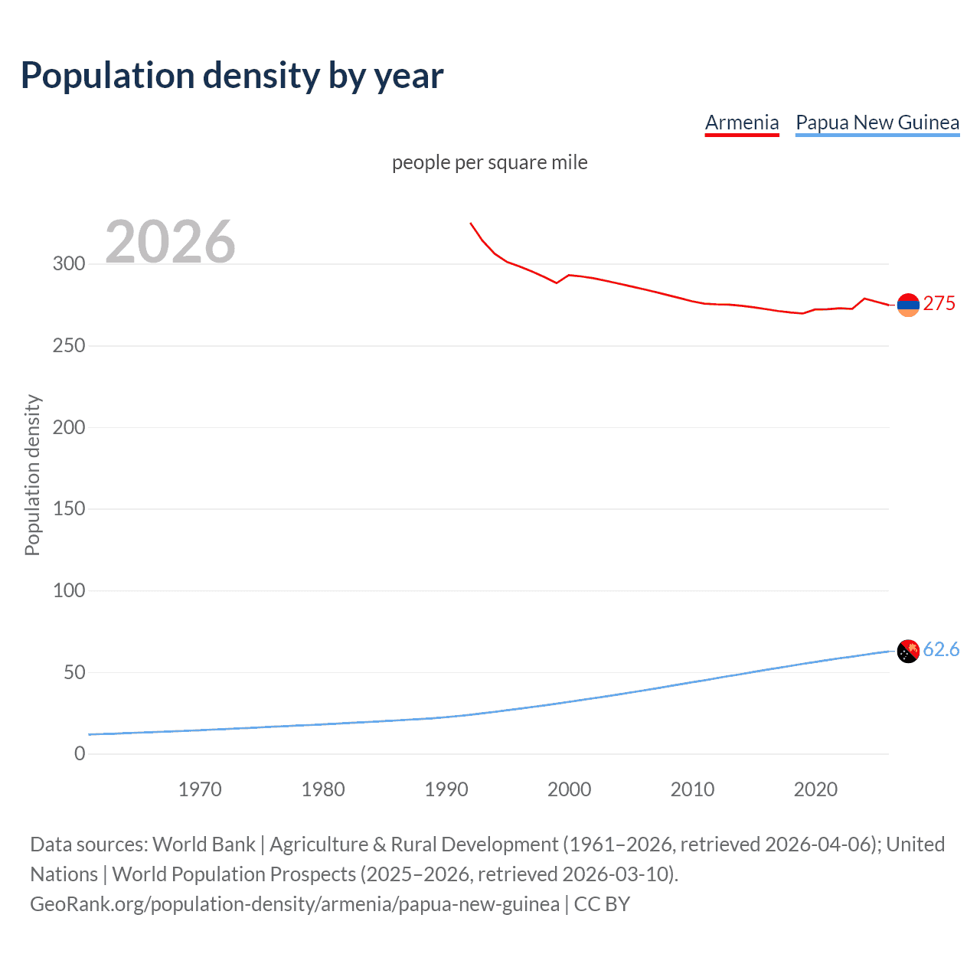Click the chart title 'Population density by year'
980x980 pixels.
232,76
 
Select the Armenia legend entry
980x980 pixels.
741,122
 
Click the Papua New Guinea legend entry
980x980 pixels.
877,122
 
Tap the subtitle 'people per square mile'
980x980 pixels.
489,162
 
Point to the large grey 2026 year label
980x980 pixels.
170,242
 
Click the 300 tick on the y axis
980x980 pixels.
69,264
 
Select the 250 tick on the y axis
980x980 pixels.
69,346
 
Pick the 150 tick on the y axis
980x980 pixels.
69,509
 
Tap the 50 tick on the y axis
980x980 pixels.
74,673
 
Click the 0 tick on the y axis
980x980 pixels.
80,754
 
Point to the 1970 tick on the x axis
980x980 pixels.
200,789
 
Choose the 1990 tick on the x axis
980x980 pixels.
446,789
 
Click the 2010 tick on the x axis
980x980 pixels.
692,789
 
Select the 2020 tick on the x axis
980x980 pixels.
815,789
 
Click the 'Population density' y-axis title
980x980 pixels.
32,475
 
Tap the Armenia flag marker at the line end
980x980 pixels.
908,305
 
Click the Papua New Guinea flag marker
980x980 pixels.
908,652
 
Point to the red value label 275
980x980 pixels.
939,304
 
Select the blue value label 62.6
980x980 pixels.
941,650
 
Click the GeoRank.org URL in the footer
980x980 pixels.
295,904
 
